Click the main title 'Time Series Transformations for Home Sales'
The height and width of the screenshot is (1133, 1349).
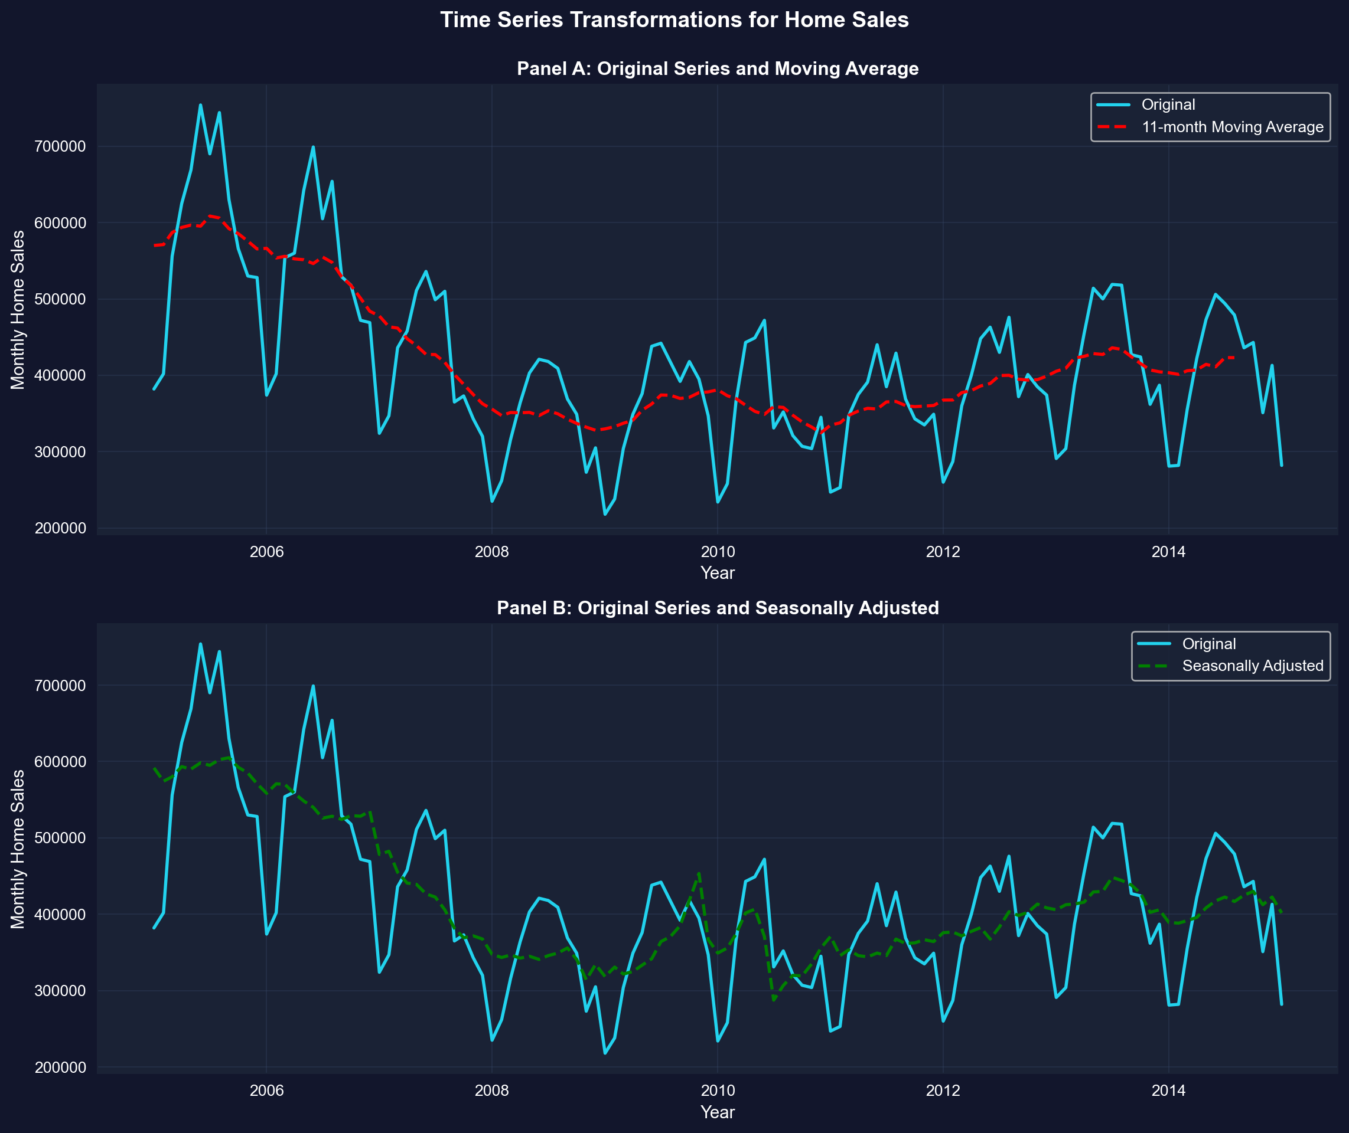(x=674, y=20)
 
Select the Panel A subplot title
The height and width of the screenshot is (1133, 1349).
(x=717, y=68)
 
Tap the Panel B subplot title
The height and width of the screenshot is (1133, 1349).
(x=717, y=608)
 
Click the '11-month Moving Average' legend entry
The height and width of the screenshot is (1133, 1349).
(x=1232, y=127)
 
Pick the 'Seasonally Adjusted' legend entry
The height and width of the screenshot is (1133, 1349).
(x=1252, y=666)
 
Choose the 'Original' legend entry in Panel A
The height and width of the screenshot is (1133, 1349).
(x=1168, y=104)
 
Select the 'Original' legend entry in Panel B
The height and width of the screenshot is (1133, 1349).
(x=1208, y=644)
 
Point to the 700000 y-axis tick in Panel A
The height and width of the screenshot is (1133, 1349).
(x=58, y=146)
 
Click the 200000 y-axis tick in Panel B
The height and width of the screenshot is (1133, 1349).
(x=58, y=1067)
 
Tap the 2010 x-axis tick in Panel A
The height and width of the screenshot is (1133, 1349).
(x=717, y=552)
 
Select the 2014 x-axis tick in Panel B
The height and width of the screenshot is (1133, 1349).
(x=1168, y=1091)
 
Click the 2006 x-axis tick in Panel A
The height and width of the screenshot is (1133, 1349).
(x=266, y=552)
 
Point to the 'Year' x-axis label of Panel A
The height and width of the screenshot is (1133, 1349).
(x=717, y=573)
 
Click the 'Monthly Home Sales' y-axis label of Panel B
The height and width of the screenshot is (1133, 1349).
(x=18, y=849)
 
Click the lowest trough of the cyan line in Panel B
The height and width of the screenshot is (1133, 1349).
(x=605, y=1053)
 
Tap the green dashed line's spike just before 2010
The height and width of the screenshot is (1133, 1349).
(x=699, y=873)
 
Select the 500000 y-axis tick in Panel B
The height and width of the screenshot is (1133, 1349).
(x=58, y=837)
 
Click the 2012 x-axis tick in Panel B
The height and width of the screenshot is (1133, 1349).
(x=943, y=1091)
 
